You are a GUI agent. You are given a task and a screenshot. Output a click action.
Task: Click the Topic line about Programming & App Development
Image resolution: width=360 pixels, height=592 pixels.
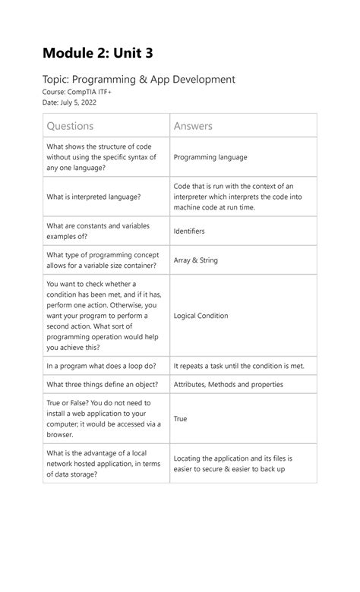pyautogui.click(x=139, y=79)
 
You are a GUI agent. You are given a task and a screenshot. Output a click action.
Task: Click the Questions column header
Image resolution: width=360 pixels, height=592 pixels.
pyautogui.click(x=71, y=125)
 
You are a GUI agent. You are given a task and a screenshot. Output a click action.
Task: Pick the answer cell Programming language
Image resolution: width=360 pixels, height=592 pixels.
pyautogui.click(x=210, y=157)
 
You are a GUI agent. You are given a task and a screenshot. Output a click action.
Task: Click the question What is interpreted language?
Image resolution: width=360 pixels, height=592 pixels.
pyautogui.click(x=93, y=197)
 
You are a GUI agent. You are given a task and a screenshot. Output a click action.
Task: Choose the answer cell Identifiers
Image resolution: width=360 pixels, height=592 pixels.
pyautogui.click(x=189, y=231)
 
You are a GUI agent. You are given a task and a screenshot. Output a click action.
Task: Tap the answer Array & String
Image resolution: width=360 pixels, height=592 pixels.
pyautogui.click(x=195, y=260)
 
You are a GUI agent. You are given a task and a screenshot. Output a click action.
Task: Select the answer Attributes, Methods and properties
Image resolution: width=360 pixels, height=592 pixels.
pyautogui.click(x=228, y=385)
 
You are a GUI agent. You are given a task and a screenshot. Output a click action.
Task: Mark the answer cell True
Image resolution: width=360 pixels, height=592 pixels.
pyautogui.click(x=180, y=419)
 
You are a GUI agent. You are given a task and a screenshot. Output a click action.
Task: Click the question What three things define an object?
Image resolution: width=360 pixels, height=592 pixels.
pyautogui.click(x=101, y=385)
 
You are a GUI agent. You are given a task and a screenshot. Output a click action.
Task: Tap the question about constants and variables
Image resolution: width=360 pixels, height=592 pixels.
pyautogui.click(x=98, y=231)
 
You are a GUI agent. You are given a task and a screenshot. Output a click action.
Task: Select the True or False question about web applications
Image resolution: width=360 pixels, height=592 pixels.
pyautogui.click(x=103, y=419)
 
